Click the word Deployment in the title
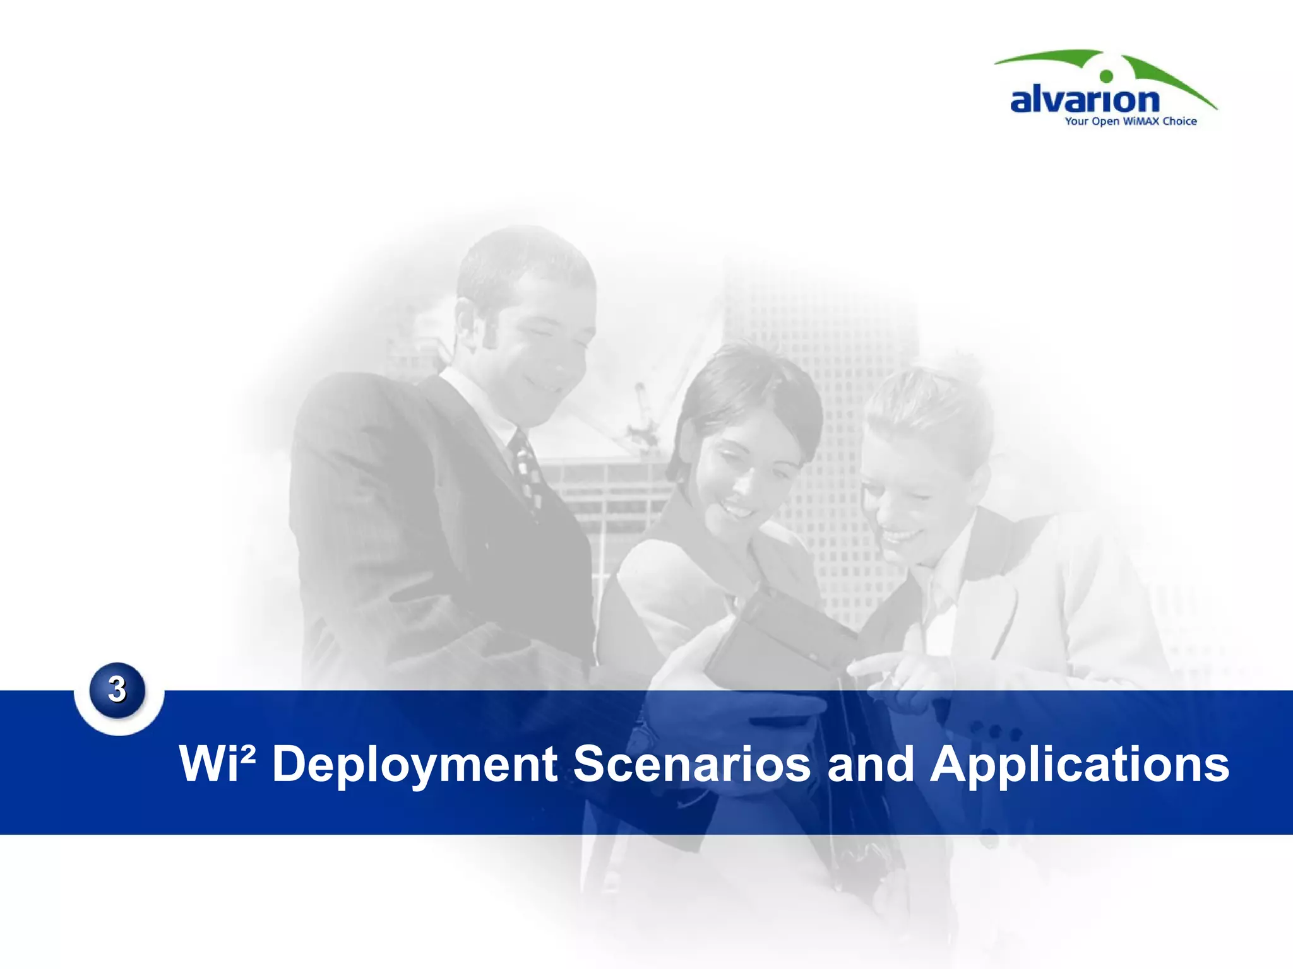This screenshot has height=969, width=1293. [x=414, y=765]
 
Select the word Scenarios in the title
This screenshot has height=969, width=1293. [x=691, y=765]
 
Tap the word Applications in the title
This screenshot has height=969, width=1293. [x=1080, y=765]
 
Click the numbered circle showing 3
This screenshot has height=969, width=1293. [x=117, y=690]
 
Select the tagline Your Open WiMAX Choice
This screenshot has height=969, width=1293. [x=1130, y=121]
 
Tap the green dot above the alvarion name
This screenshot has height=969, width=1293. [x=1106, y=76]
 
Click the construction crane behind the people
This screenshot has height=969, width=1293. [x=644, y=416]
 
